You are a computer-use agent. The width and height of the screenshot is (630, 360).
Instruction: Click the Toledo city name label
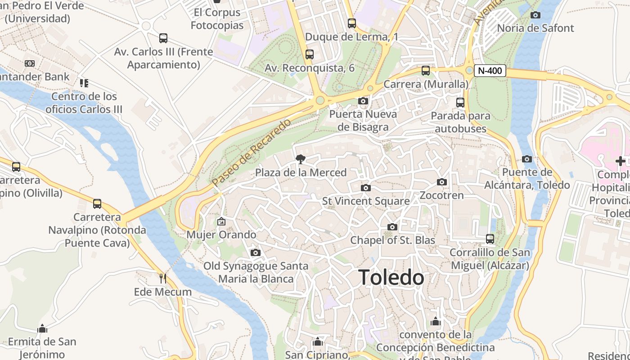391,277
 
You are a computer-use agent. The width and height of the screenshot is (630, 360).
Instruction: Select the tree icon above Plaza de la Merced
300,159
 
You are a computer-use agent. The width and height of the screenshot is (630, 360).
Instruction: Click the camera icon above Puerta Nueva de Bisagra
363,101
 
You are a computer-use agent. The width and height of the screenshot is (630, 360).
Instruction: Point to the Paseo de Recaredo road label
252,153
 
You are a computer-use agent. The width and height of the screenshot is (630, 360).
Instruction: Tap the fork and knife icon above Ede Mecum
163,278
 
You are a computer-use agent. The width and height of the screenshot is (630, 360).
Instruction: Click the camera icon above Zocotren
442,182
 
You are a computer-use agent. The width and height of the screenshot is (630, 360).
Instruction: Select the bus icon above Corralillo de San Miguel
490,238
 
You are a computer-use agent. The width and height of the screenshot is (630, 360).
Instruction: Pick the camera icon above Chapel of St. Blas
392,227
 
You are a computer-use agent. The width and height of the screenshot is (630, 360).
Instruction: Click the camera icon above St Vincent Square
365,188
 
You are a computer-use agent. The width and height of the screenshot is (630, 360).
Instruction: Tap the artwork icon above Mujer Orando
221,221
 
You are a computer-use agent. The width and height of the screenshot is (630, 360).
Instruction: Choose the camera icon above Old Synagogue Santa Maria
256,252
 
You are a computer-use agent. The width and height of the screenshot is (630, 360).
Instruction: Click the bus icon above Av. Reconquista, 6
309,54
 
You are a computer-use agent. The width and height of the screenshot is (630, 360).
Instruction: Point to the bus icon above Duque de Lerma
352,23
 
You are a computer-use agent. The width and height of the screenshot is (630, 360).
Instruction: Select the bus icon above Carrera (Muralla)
425,71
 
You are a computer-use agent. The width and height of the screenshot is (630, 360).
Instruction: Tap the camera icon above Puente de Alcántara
527,159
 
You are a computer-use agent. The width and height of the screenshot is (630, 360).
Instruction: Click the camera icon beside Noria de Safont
535,15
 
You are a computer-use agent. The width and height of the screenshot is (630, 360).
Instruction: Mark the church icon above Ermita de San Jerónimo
42,328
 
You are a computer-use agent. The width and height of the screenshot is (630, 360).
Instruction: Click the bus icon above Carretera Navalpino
97,204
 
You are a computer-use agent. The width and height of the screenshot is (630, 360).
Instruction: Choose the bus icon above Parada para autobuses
460,102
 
